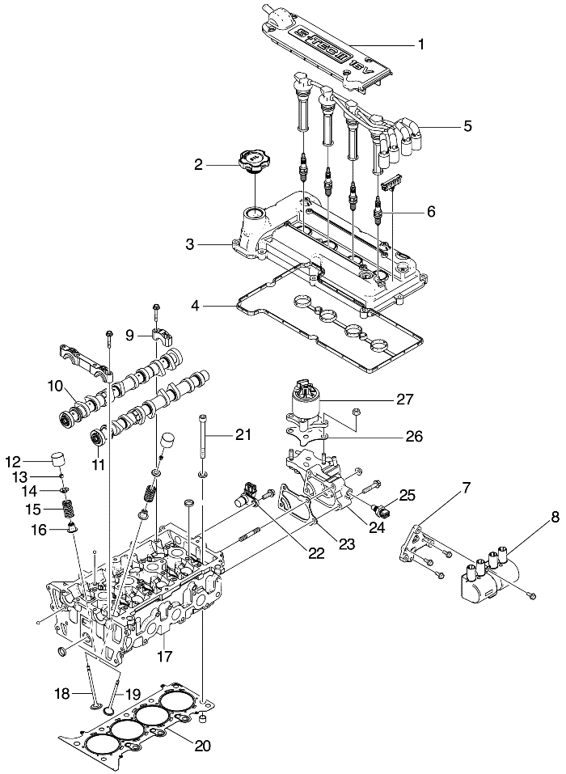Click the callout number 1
(420, 45)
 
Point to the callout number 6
(430, 211)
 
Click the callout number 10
(57, 387)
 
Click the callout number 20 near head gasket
(202, 746)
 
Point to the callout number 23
(346, 545)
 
